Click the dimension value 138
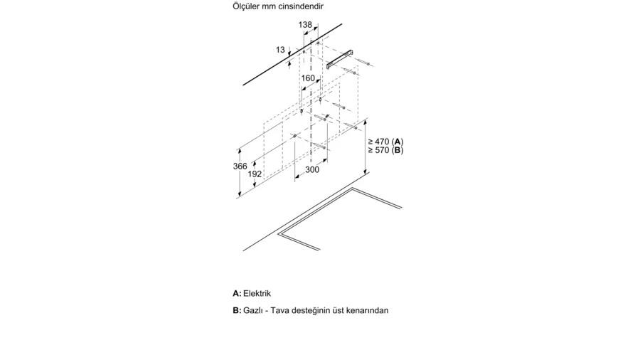pos(305,25)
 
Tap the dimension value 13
pos(280,50)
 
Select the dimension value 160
pos(308,78)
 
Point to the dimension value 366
pos(240,166)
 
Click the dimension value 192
pos(255,174)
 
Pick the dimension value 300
pos(312,169)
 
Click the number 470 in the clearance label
pos(382,142)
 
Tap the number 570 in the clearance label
pos(382,150)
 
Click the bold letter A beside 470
pos(398,142)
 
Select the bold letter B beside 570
pos(398,150)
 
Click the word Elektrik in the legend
pos(257,293)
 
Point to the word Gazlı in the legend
pos(253,310)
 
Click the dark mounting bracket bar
pos(339,59)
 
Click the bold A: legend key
pos(237,293)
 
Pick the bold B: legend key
pos(237,310)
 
